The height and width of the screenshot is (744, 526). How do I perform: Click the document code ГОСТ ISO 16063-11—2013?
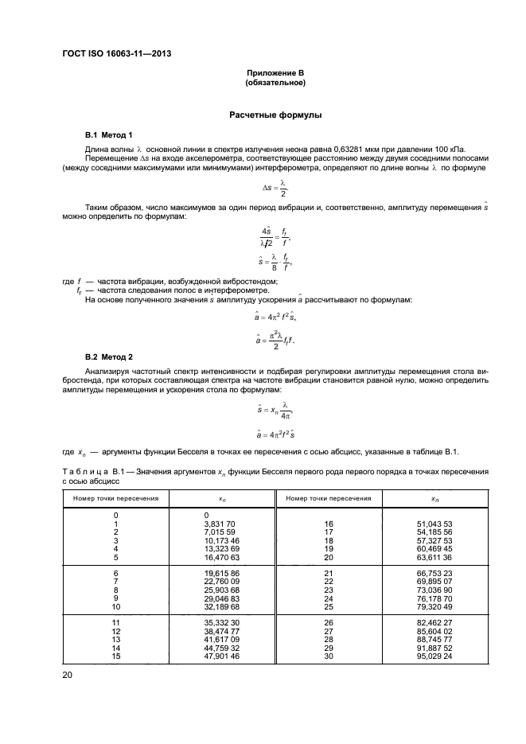click(x=117, y=53)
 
